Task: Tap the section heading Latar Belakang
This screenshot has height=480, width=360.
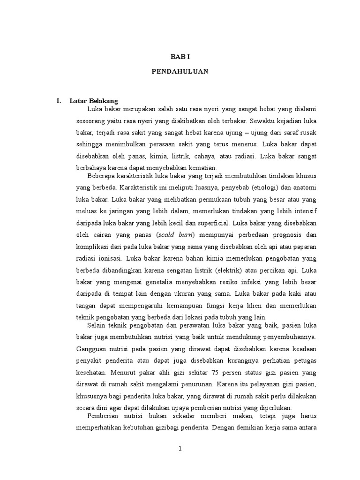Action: tap(94, 101)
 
